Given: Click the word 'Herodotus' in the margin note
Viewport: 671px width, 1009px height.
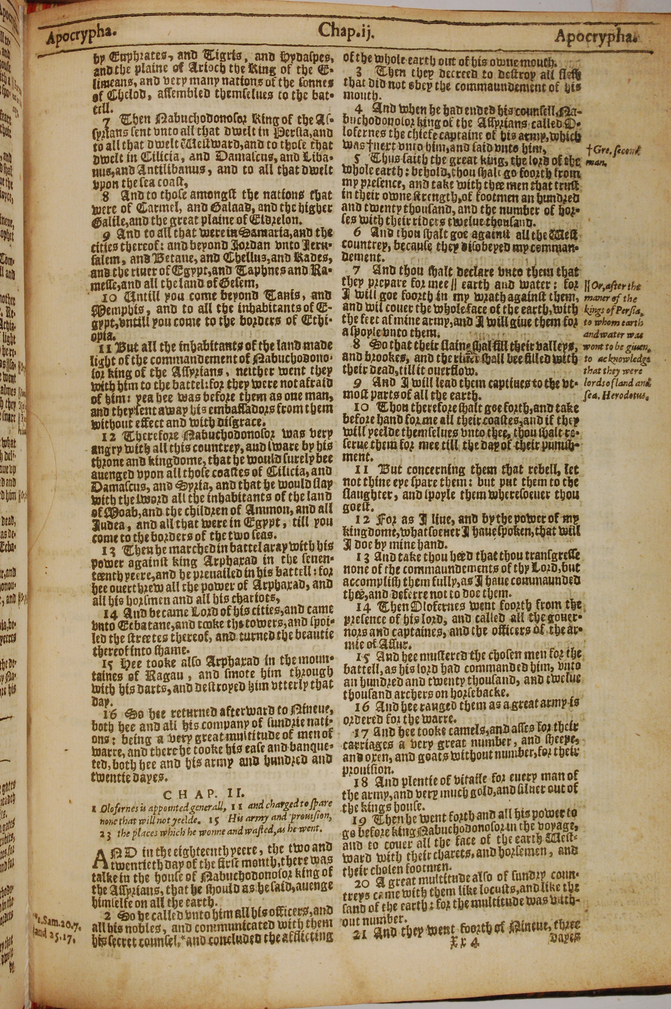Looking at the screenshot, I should (x=625, y=396).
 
